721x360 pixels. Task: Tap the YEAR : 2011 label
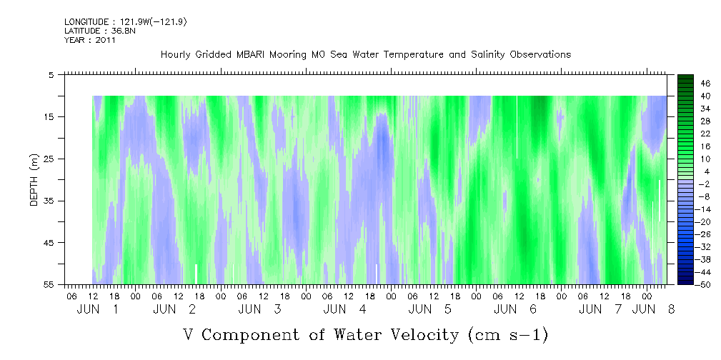89,40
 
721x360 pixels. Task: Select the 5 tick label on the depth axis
52,74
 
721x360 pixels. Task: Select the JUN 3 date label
259,309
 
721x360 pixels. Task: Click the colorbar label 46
685,83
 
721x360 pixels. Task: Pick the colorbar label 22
685,134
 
